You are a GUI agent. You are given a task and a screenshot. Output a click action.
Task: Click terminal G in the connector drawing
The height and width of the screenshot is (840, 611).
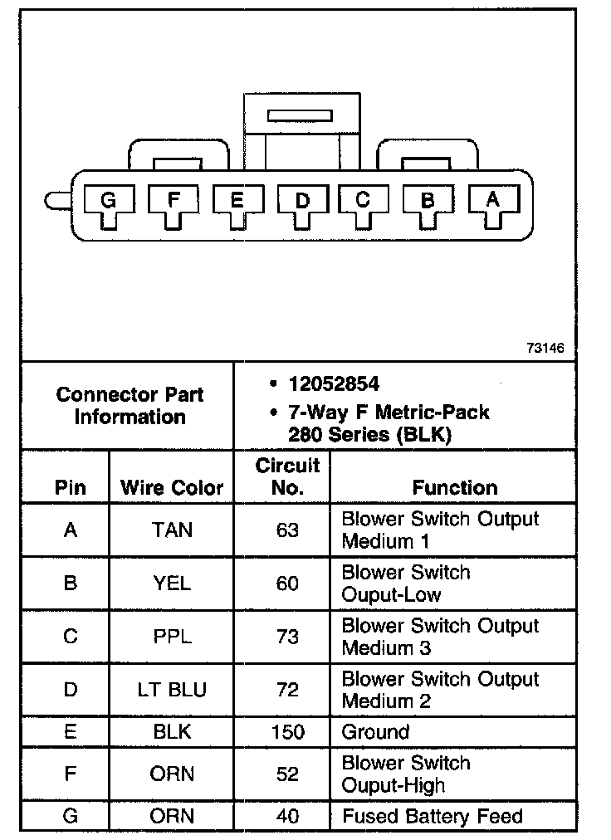108,200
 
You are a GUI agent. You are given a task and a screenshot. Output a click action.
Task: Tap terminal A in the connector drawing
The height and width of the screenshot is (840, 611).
492,199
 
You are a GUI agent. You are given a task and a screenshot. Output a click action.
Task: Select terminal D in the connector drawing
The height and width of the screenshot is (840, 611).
301,200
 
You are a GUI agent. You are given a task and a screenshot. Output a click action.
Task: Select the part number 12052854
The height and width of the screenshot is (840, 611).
334,384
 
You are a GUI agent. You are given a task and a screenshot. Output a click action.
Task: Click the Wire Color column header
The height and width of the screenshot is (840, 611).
172,487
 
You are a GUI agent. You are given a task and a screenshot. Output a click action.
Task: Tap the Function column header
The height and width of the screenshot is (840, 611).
455,487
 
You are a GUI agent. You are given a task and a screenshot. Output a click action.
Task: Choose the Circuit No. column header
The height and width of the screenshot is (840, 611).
287,476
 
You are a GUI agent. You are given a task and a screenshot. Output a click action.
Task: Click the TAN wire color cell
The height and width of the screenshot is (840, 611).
172,530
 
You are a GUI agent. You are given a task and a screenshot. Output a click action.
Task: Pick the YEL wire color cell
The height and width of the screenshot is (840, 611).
172,584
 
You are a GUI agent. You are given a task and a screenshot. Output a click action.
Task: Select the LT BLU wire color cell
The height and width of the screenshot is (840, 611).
172,690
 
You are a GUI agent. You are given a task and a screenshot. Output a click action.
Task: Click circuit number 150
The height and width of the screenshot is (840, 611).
287,732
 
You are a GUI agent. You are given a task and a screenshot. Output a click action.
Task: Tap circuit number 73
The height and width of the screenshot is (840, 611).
287,637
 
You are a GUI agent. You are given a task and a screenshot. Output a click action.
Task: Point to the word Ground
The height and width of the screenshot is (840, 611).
375,732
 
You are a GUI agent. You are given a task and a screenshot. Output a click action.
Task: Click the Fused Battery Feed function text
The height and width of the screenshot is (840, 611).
433,816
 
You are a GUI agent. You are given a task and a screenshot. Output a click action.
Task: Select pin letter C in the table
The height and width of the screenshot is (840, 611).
71,637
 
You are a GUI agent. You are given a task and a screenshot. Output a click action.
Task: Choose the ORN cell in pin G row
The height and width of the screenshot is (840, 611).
172,816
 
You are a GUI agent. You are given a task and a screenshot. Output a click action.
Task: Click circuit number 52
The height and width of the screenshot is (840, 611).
287,774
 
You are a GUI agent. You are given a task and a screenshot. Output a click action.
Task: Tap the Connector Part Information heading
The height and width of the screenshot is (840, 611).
130,406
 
